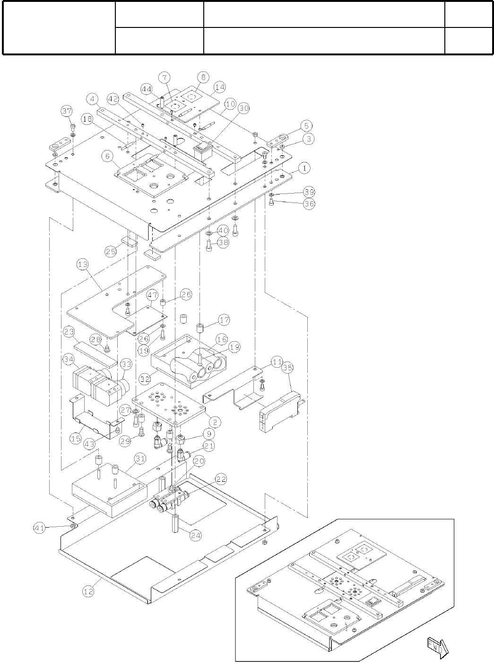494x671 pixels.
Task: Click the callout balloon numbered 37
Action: pos(67,111)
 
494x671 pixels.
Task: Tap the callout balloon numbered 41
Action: pos(40,527)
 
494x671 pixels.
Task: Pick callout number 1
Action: pos(304,168)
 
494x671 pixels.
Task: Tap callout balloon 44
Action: pos(146,89)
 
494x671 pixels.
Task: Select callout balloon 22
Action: pos(221,479)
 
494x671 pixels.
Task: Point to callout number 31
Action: pos(139,459)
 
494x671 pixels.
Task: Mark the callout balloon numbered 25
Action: pos(111,251)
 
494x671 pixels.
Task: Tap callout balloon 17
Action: pos(224,320)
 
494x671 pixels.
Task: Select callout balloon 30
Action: pos(243,108)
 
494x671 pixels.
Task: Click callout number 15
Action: pos(76,439)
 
